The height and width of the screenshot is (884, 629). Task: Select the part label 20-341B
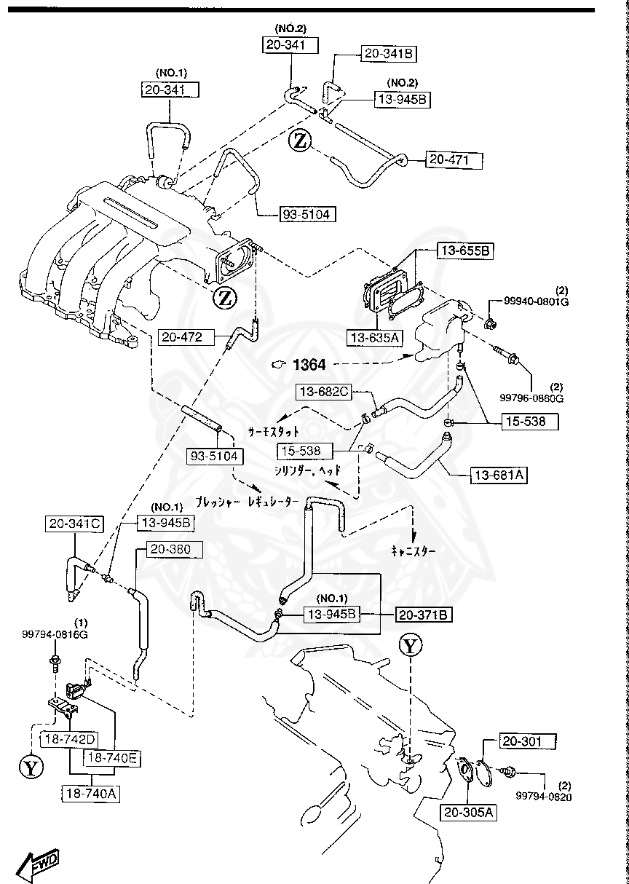coord(389,53)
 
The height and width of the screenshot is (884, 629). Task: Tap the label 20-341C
coord(75,523)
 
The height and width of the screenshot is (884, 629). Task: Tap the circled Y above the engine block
coord(411,645)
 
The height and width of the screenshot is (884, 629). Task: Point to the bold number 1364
coord(309,364)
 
